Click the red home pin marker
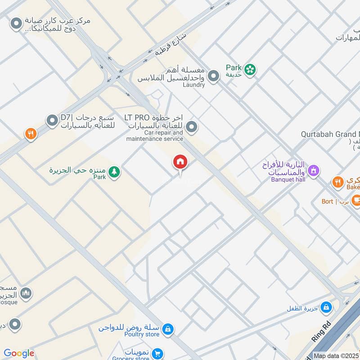pos(180,162)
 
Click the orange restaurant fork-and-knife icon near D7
pos(31,133)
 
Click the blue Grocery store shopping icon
pos(157,354)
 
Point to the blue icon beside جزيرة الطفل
pos(326,308)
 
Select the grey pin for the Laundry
pos(213,76)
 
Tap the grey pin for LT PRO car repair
pos(192,127)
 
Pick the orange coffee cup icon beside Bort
pos(356,200)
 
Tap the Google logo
pos(19,353)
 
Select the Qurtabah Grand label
pos(331,134)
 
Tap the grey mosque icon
pos(26,293)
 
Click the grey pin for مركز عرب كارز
pos(17,23)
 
